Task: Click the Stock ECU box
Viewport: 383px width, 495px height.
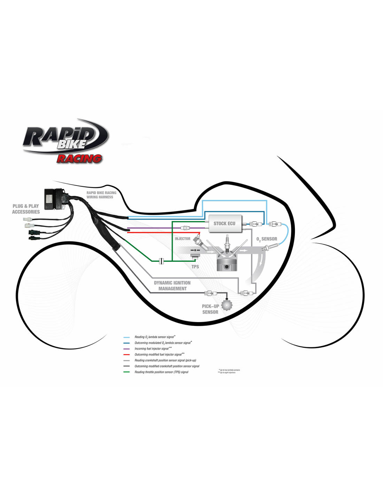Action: click(225, 223)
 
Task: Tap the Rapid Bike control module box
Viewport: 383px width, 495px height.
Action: click(54, 199)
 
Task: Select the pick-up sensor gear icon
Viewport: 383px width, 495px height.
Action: click(227, 305)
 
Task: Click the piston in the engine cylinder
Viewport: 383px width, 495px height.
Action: click(227, 264)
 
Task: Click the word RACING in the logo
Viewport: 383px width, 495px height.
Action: click(79, 159)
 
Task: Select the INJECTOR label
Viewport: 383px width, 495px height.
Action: click(182, 239)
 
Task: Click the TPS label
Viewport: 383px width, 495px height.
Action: click(195, 267)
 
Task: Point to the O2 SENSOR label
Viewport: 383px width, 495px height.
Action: click(267, 239)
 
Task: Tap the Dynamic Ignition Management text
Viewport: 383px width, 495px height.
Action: click(172, 286)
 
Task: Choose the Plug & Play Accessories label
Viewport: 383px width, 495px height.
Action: click(26, 209)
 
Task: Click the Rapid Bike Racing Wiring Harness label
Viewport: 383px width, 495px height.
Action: click(101, 195)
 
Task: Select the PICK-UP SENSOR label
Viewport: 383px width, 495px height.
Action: click(210, 309)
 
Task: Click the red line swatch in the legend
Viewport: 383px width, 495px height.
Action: click(126, 355)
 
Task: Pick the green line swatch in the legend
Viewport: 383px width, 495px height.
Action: click(126, 372)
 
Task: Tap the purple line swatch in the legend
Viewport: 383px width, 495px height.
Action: click(126, 349)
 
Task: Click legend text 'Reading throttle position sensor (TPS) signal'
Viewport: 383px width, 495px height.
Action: click(161, 372)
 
